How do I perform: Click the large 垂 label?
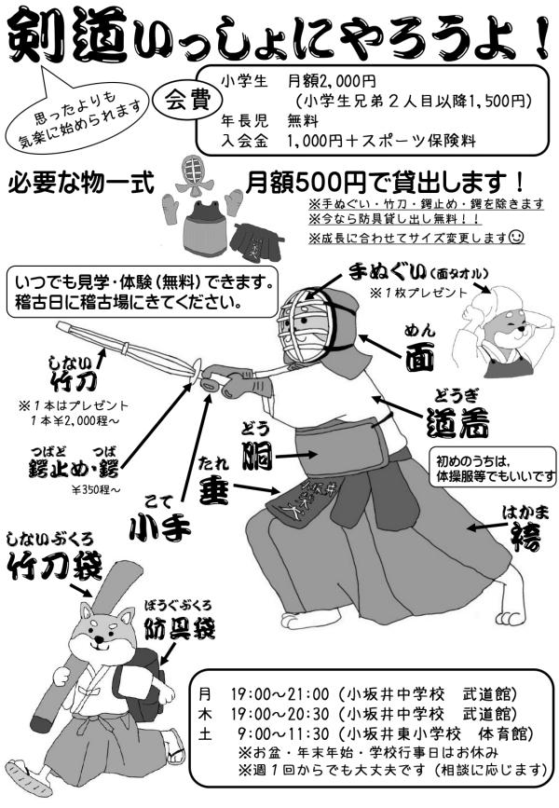point(213,488)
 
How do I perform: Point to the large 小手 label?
point(159,527)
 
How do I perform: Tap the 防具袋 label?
point(179,627)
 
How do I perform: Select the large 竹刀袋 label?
point(55,566)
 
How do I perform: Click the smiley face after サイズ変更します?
point(516,237)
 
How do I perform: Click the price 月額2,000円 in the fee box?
point(332,81)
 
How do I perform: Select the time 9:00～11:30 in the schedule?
point(283,733)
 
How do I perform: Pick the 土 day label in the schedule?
point(205,733)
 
